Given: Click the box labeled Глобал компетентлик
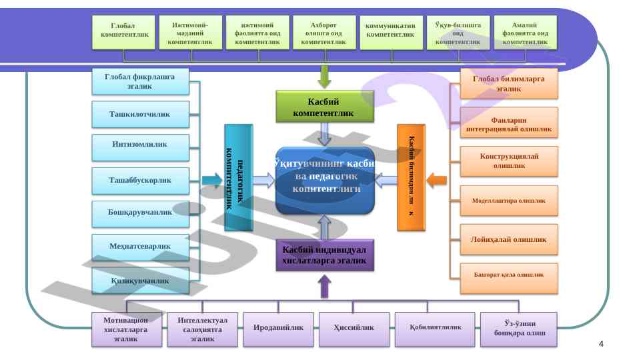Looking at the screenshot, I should coord(125,33).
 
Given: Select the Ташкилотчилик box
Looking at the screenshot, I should coord(140,115).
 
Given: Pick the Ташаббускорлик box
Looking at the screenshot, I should coord(140,181).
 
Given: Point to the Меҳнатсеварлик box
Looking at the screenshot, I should coord(140,247).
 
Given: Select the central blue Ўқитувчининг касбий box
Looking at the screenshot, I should coord(325,180).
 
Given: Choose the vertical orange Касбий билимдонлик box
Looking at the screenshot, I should coord(411,177).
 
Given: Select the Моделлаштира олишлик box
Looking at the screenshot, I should coord(509,201).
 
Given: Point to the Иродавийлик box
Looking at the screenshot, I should coord(278,328).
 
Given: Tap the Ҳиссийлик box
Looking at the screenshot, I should coord(354,328).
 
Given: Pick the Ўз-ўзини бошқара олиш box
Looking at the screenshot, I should coord(518,329).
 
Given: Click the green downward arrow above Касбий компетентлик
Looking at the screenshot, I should coord(325,76).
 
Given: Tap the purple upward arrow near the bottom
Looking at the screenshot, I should coord(325,287).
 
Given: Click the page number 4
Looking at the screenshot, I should coord(602,344).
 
